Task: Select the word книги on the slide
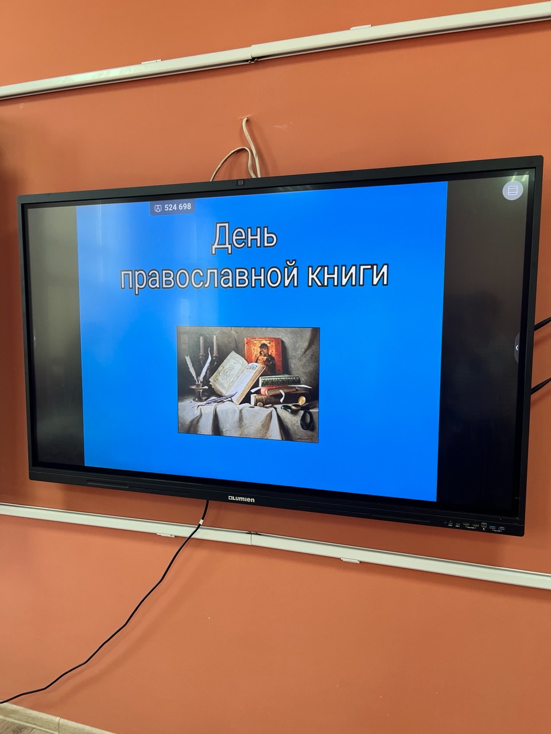[348, 276]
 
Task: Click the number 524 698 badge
[173, 208]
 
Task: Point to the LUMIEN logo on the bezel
[241, 499]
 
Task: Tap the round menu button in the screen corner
[513, 191]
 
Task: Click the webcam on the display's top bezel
[240, 182]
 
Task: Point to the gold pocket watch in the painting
[301, 401]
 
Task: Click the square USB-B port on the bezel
[483, 525]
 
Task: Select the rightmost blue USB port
[501, 528]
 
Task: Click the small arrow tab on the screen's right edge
[517, 348]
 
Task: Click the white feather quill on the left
[191, 369]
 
